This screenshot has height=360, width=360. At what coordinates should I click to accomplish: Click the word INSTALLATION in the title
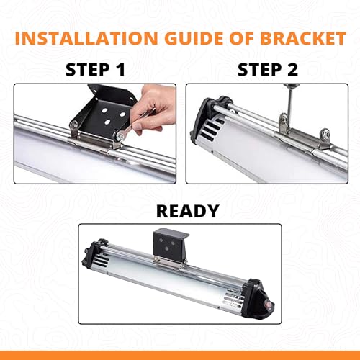[x=86, y=38]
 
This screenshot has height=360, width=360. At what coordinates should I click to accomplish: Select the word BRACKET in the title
[x=303, y=38]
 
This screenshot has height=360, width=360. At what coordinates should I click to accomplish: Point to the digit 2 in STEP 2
[x=292, y=70]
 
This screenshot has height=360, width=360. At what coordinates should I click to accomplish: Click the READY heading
[x=187, y=211]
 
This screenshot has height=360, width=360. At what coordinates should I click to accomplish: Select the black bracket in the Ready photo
[x=171, y=245]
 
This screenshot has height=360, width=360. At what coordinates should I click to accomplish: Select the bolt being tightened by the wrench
[x=120, y=136]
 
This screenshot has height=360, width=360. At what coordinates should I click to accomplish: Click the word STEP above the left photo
[x=88, y=70]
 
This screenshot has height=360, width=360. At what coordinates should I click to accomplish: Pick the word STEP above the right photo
[x=260, y=70]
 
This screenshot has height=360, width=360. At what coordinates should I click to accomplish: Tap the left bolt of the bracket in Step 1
[x=73, y=125]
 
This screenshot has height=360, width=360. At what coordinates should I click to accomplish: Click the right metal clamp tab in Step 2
[x=325, y=140]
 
